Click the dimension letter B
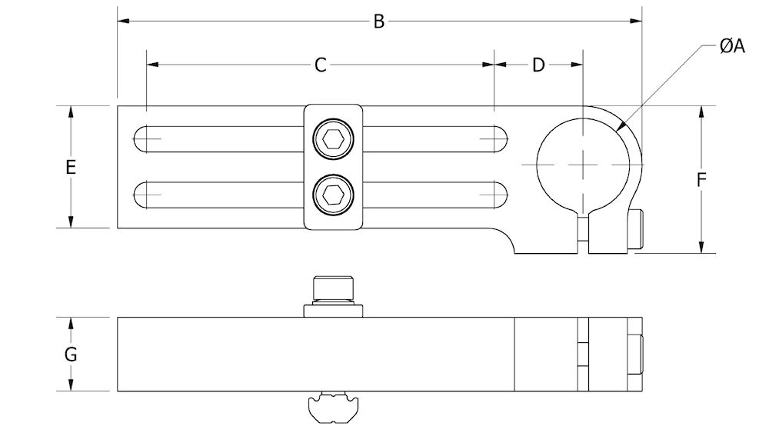[378, 22]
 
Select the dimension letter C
[321, 65]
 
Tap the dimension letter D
[538, 65]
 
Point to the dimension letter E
[71, 167]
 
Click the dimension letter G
[71, 355]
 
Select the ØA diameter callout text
[732, 47]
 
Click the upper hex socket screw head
[333, 140]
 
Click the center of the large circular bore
[584, 165]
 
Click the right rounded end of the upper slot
[496, 139]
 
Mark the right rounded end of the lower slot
[496, 193]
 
